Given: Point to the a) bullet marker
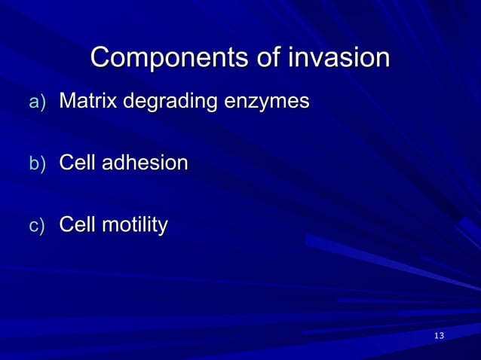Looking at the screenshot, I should [x=37, y=102].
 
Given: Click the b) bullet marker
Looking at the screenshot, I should [x=37, y=164].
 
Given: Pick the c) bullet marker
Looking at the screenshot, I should [x=37, y=226].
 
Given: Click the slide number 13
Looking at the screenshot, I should [x=440, y=334].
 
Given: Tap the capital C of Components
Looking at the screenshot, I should [x=101, y=58].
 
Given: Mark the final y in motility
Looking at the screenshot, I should [x=162, y=227].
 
